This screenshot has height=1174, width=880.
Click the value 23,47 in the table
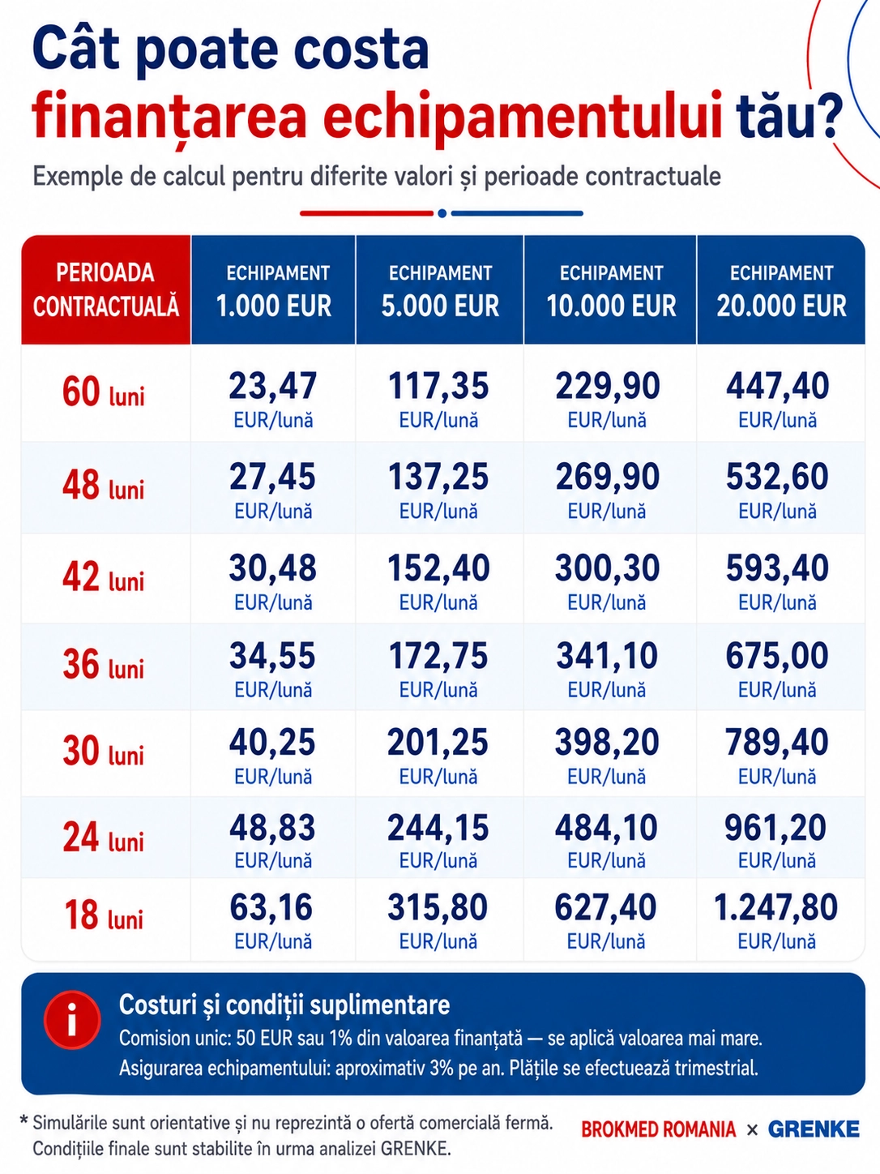point(272,386)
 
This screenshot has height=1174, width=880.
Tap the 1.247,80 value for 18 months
point(775,907)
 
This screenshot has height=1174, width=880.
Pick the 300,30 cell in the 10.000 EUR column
point(607,568)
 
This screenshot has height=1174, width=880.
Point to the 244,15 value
point(438,828)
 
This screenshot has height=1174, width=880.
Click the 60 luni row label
point(104,392)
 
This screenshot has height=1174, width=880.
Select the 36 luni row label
point(104,665)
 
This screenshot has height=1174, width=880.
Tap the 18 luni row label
point(104,915)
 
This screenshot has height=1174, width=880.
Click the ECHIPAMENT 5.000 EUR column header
point(440,290)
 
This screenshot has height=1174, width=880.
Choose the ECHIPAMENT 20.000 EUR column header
point(781,290)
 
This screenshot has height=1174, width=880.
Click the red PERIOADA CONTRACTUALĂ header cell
point(106,289)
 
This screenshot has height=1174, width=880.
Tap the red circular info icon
point(72,1019)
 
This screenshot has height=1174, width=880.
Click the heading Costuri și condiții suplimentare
point(284,1005)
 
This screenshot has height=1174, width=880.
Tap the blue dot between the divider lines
point(442,213)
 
